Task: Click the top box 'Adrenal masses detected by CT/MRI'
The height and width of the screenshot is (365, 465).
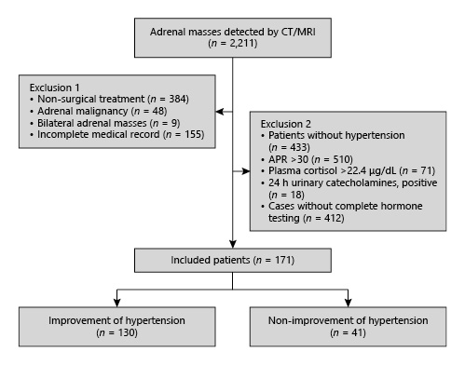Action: (x=232, y=34)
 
